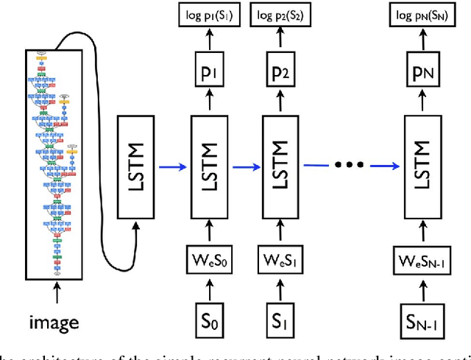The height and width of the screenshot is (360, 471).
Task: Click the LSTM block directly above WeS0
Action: (208, 167)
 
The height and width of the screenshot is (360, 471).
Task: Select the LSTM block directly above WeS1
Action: (282, 167)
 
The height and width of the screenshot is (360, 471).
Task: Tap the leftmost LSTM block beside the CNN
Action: (137, 167)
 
